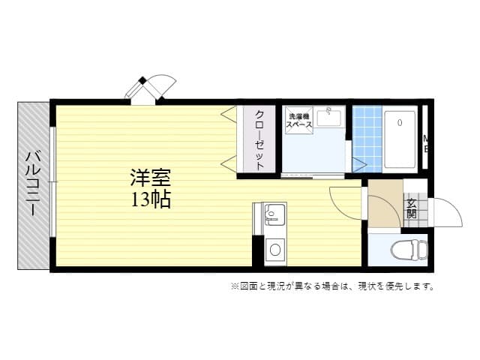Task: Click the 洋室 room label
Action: pyautogui.click(x=151, y=178)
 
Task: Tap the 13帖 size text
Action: pyautogui.click(x=151, y=199)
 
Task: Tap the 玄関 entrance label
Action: pyautogui.click(x=412, y=207)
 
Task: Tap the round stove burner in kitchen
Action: pyautogui.click(x=274, y=250)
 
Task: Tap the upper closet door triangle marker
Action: pyautogui.click(x=227, y=112)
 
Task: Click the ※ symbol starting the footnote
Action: pyautogui.click(x=233, y=286)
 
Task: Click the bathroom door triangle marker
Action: pyautogui.click(x=358, y=164)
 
